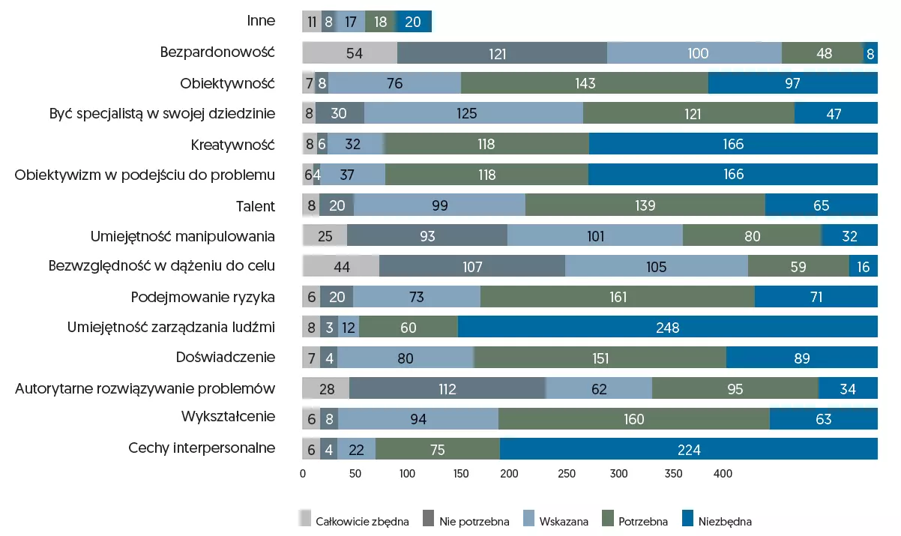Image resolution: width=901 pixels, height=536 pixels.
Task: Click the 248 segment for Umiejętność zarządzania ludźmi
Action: [667, 328]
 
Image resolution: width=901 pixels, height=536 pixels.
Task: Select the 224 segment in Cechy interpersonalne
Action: [688, 449]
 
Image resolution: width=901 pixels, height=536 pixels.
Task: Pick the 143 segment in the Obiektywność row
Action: [585, 83]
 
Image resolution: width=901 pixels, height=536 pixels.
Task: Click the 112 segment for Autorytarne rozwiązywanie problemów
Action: [448, 388]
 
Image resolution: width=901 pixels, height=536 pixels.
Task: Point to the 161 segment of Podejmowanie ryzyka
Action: [618, 297]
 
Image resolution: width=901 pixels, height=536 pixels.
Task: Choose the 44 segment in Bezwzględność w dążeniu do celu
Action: [341, 266]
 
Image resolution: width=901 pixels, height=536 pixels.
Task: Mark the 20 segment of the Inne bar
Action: [413, 22]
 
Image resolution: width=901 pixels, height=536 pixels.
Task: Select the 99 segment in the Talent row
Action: [439, 205]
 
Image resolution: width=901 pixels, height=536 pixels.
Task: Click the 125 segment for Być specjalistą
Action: [474, 114]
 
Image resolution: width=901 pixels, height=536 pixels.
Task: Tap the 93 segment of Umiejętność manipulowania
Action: [427, 236]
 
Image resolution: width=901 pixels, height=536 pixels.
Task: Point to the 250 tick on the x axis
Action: [567, 474]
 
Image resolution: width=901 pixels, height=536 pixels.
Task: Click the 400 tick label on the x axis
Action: [722, 474]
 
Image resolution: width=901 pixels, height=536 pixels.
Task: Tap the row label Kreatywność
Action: [233, 145]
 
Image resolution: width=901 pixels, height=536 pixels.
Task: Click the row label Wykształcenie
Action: [228, 417]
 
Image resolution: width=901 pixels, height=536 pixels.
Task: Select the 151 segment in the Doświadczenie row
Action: [600, 358]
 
